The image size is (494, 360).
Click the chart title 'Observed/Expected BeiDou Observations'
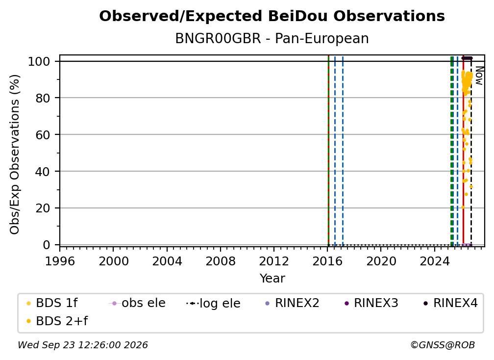point(272,16)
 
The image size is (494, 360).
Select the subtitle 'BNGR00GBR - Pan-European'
point(272,38)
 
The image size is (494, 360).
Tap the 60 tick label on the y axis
point(43,134)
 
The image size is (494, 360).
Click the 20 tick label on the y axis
point(43,208)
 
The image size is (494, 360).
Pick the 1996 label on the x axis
point(60,261)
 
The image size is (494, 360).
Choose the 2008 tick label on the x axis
point(220,261)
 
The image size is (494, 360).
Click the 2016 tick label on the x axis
point(327,261)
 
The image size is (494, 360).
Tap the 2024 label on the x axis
point(434,261)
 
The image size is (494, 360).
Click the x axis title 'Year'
point(272,279)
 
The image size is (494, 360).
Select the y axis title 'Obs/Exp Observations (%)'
point(15,154)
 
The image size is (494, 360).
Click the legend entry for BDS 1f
point(52,303)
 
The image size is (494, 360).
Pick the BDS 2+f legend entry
point(57,321)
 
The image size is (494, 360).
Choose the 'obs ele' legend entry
point(137,303)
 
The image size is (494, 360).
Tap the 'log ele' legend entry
point(213,304)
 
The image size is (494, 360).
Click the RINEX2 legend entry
point(293,303)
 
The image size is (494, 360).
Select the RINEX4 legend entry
point(450,303)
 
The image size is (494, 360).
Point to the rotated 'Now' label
point(479,76)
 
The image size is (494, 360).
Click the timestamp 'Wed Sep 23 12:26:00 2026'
point(82,345)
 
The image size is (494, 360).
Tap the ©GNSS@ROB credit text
point(443,345)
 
